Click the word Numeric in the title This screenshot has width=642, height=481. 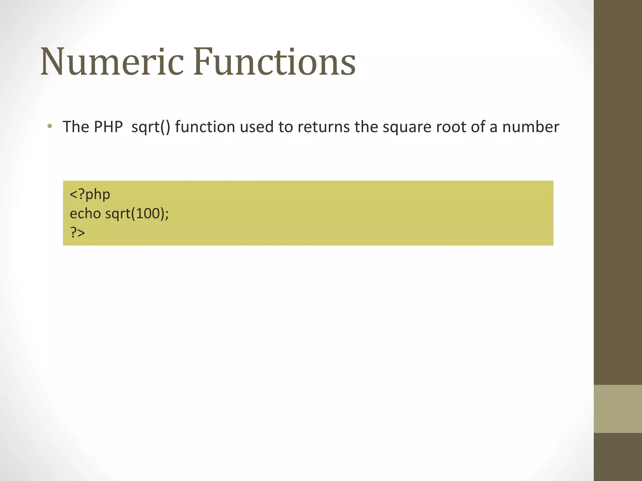click(x=112, y=62)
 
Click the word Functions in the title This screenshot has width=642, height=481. click(x=274, y=62)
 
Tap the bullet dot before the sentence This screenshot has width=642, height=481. click(x=50, y=127)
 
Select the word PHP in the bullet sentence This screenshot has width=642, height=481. click(x=108, y=127)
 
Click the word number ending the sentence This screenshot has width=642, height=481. click(x=531, y=127)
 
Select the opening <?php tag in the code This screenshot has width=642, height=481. click(x=90, y=194)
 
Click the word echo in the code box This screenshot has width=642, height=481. click(x=85, y=214)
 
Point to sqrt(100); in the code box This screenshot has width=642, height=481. click(x=137, y=214)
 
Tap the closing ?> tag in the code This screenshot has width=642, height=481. click(x=77, y=233)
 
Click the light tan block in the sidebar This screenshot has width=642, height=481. click(x=618, y=409)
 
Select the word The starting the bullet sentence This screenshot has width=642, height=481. click(x=76, y=127)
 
